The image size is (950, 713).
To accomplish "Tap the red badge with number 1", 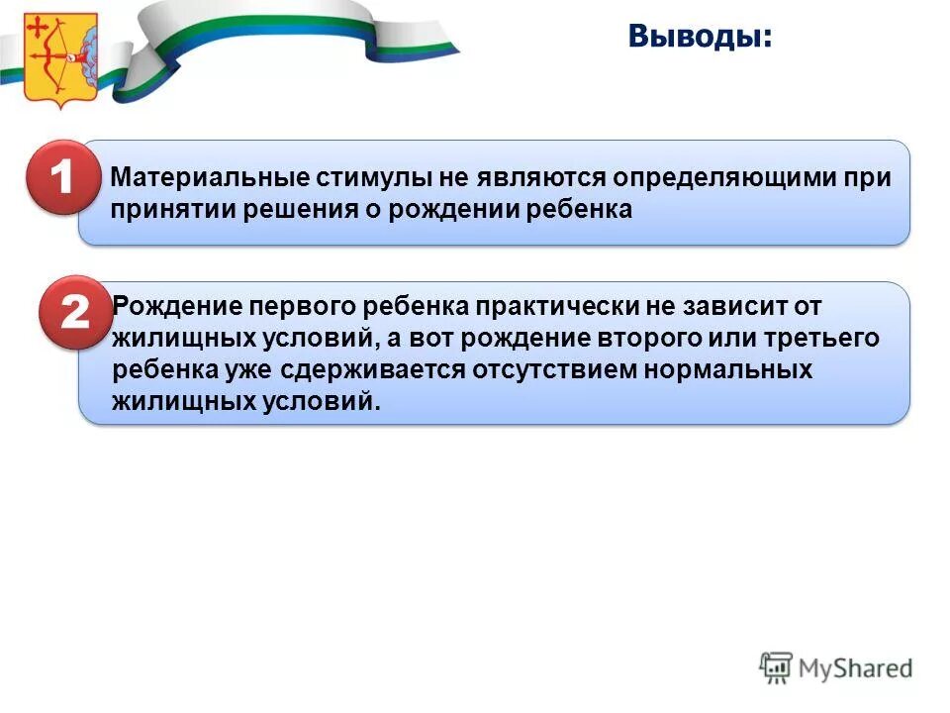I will pos(60,178).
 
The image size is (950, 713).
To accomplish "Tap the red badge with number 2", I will pos(74,313).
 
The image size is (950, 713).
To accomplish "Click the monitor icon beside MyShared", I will pos(777,666).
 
